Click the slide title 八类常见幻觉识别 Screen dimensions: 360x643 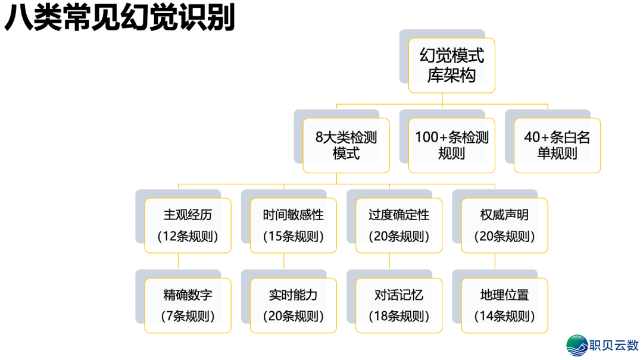(x=119, y=18)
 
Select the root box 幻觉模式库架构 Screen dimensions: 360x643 (x=451, y=65)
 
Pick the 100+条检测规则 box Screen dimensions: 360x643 (x=451, y=145)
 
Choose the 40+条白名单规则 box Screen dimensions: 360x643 (x=557, y=145)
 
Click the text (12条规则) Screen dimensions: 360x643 (x=188, y=236)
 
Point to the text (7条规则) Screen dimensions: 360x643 (x=188, y=316)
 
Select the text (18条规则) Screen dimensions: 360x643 (x=399, y=316)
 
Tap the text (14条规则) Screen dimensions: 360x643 (x=504, y=316)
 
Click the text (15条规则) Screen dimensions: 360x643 (x=294, y=236)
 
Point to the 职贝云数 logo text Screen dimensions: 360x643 (x=613, y=345)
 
